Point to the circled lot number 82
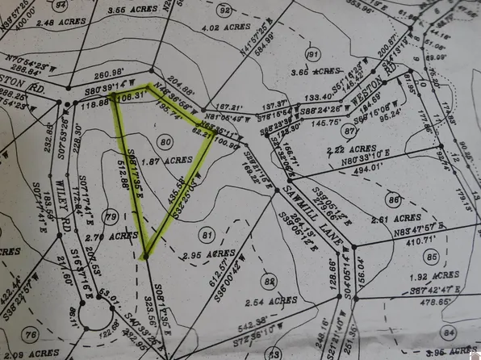click(269, 281)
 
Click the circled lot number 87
click(349, 131)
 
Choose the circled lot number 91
click(312, 55)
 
